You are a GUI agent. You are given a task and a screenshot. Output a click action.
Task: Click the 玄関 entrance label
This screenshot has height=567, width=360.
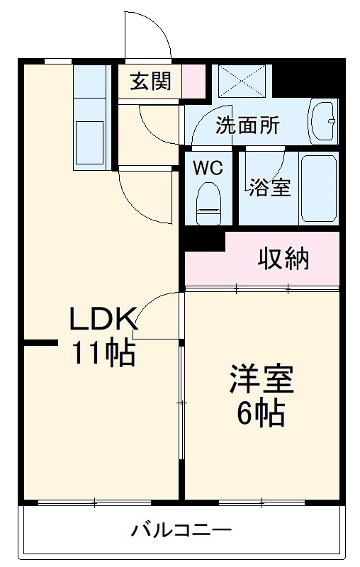(x=150, y=82)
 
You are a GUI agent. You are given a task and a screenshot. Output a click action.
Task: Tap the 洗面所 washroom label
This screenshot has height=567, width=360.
(x=247, y=125)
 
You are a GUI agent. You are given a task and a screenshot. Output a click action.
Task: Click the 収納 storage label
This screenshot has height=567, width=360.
(x=283, y=260)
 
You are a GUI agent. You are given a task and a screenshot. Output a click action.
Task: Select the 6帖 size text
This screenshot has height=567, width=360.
(x=261, y=413)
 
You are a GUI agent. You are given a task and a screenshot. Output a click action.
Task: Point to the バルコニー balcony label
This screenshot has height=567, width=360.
(x=181, y=530)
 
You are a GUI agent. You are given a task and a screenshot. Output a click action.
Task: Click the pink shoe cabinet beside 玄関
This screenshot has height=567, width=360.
(x=193, y=81)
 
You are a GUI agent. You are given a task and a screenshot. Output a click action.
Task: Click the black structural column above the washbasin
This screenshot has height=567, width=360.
(x=305, y=79)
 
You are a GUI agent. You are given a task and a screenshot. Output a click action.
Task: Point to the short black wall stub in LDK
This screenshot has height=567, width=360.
(x=39, y=344)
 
